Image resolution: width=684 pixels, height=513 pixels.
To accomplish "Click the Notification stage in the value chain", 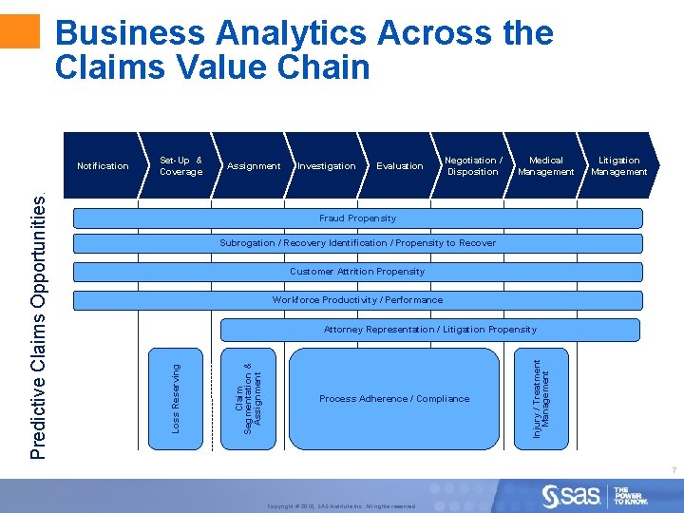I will (103, 166).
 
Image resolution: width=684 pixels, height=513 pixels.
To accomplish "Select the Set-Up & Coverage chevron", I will (180, 166).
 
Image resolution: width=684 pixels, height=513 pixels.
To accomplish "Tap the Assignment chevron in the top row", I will (254, 166).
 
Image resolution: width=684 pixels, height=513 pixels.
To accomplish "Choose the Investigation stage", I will (327, 166).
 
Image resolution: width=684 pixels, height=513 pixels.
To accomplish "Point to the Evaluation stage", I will (400, 166).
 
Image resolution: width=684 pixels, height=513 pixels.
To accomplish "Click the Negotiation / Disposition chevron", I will (473, 166).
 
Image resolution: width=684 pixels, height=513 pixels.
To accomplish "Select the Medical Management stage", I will (545, 166).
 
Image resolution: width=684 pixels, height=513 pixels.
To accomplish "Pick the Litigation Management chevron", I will (618, 166).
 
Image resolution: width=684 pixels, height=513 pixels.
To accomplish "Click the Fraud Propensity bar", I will (358, 218).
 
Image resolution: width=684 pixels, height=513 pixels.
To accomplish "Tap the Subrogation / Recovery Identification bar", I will (358, 243).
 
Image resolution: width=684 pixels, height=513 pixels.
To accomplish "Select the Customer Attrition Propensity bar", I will (358, 272).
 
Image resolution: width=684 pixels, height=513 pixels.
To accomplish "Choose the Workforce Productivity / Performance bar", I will (358, 300).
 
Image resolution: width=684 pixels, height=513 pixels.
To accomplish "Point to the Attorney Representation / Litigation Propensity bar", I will (430, 330).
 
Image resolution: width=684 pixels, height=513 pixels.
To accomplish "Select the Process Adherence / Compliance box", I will (394, 398).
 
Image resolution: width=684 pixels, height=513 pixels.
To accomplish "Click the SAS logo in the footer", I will (571, 495).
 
